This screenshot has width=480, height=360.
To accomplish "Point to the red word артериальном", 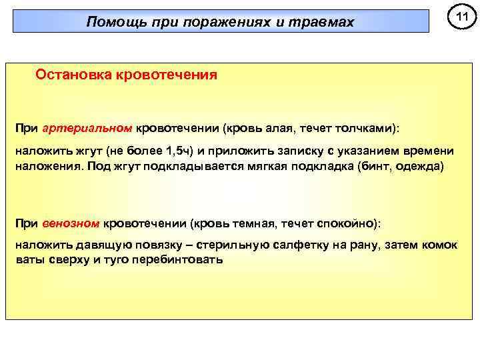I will (87, 127).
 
